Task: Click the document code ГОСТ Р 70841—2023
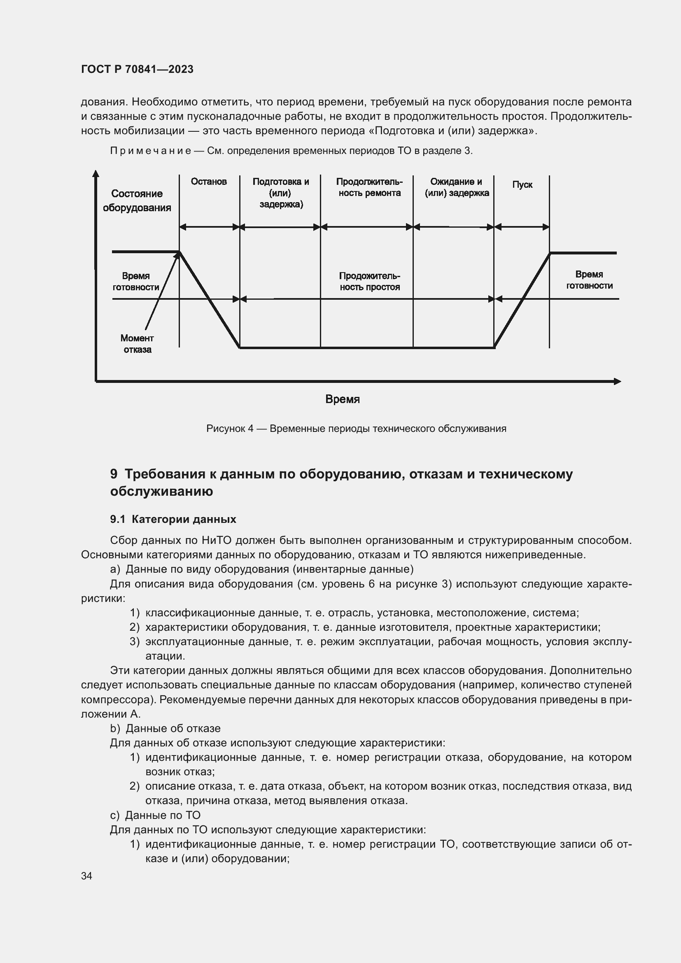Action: tap(137, 69)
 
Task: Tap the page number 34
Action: tap(86, 876)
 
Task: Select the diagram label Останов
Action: tap(208, 182)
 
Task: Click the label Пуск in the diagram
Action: tap(522, 184)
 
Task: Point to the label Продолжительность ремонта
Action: tap(369, 187)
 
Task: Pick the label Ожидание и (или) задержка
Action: tap(456, 187)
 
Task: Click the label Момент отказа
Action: tap(137, 344)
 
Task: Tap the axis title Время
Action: tap(342, 399)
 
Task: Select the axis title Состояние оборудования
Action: tap(137, 201)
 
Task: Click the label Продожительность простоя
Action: tap(369, 282)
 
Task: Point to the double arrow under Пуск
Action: tap(522, 227)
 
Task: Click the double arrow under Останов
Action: tap(209, 227)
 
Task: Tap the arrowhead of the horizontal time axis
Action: tap(617, 381)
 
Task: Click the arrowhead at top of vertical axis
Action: tap(96, 173)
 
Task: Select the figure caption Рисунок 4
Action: tap(356, 429)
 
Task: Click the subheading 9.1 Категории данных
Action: tap(173, 519)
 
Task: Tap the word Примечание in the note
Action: tap(151, 151)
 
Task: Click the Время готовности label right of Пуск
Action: tap(589, 280)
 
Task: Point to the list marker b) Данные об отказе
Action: tap(115, 729)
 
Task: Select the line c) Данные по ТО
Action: tap(155, 815)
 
